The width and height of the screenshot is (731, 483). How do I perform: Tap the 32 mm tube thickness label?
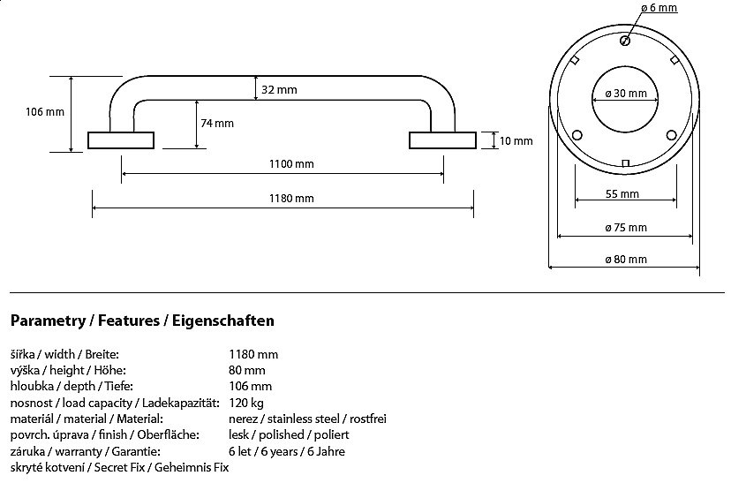pos(280,90)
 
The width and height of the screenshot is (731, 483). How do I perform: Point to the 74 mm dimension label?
pos(217,124)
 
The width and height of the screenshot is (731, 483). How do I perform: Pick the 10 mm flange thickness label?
pos(516,140)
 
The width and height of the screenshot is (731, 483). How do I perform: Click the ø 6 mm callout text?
pos(659,8)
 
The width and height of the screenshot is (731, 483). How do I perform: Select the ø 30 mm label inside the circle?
pos(626,94)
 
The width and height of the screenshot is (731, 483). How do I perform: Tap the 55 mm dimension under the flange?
pos(623,194)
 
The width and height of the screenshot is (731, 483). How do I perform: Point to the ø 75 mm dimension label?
pos(626,228)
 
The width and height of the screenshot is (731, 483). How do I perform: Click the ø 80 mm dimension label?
pos(626,260)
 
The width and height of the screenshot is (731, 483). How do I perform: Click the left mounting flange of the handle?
pos(121,140)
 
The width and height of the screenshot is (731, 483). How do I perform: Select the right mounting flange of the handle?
pos(441,140)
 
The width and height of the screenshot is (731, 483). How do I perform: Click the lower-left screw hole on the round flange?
pos(578,134)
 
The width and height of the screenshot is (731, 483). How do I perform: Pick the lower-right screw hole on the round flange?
pos(671,134)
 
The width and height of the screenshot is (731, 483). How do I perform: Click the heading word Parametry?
pos(43,321)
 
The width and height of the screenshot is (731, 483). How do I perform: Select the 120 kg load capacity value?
pos(246,403)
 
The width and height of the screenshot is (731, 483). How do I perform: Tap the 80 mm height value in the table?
pos(246,370)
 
